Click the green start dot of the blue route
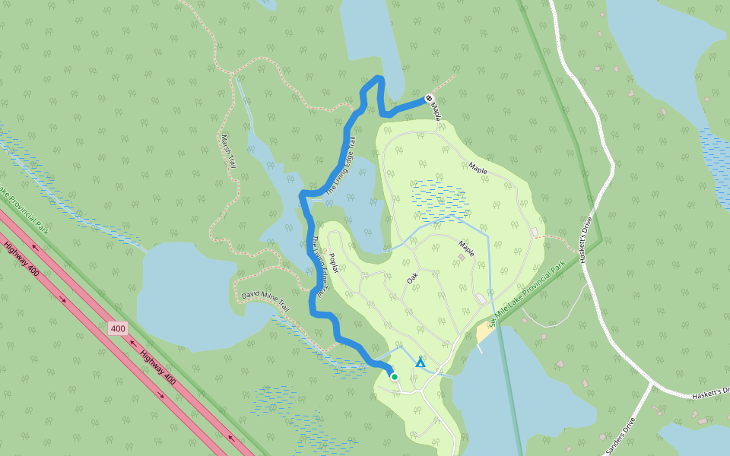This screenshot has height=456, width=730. click(x=394, y=376)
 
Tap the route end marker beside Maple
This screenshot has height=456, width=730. click(x=429, y=98)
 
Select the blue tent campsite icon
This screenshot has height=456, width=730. click(x=421, y=362)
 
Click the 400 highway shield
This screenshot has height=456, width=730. click(x=117, y=328)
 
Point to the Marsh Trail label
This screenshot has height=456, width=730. click(x=227, y=151)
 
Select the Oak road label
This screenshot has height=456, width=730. click(x=412, y=280)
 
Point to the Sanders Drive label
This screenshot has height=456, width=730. click(x=620, y=436)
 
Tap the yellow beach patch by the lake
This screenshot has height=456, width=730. click(x=484, y=331)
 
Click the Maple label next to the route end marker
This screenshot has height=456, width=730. click(x=436, y=112)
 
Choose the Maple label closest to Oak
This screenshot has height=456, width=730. click(x=466, y=249)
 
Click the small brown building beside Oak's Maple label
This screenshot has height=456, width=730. click(x=461, y=258)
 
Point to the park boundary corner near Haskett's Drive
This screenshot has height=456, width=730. click(x=601, y=240)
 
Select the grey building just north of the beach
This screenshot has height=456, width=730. click(x=481, y=299)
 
